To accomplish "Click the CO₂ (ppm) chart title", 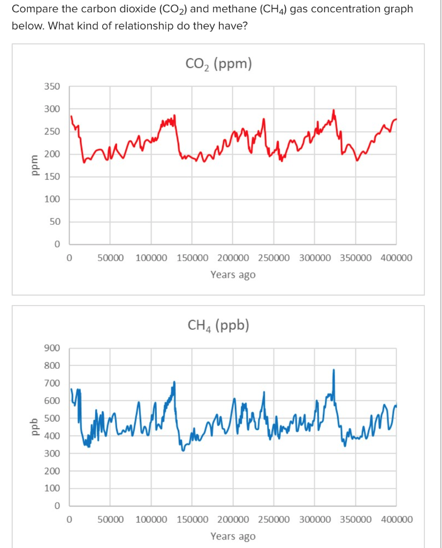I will [x=218, y=65].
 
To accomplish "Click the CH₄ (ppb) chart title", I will [x=218, y=326].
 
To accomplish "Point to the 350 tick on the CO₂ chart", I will [x=52, y=87].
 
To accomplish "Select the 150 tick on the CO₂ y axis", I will [x=52, y=177].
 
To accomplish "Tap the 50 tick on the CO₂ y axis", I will [x=55, y=222].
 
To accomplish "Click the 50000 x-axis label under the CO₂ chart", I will [x=111, y=258].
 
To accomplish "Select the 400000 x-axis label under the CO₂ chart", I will [x=397, y=258].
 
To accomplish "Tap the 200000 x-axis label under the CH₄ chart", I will [x=233, y=520].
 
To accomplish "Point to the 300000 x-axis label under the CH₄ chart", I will [x=315, y=520].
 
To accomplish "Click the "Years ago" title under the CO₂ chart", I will [x=233, y=275].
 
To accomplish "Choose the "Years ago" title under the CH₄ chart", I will [x=233, y=536].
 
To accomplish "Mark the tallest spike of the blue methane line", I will [x=334, y=370].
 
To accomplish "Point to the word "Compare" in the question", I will [x=32, y=9].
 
